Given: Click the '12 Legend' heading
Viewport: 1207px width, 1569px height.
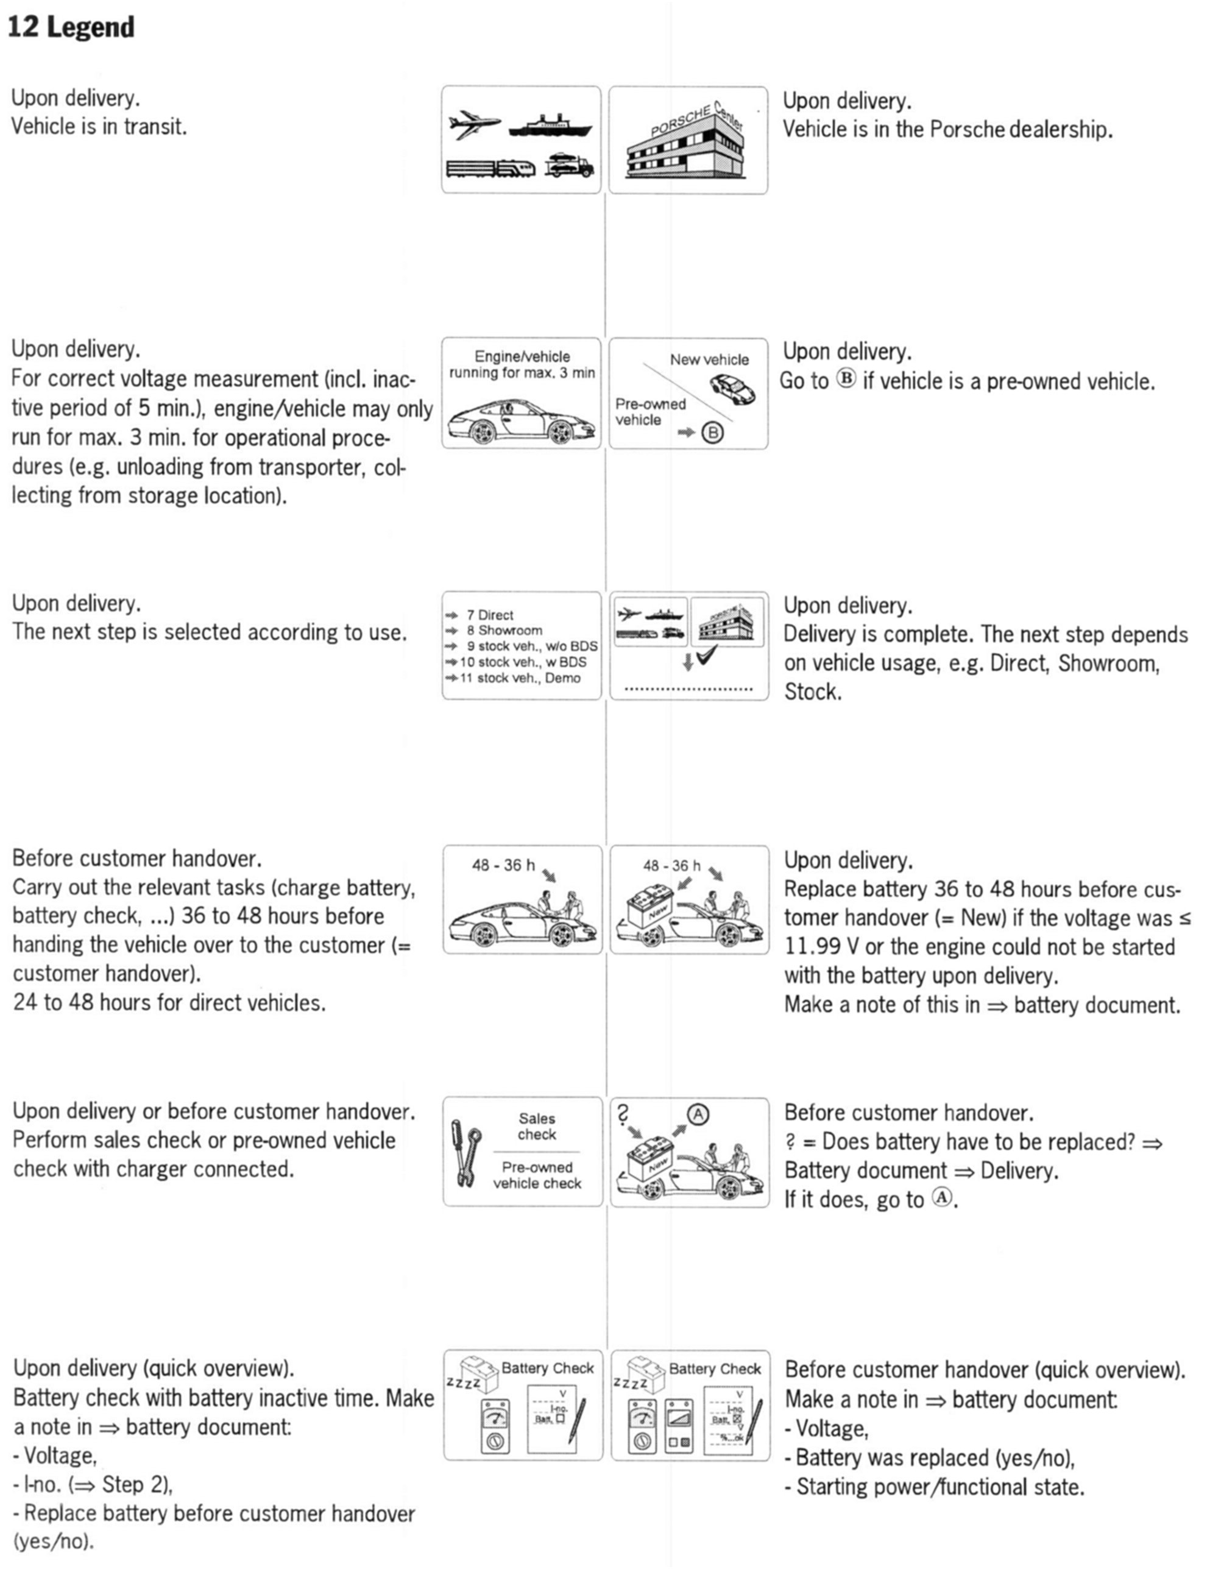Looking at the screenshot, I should (x=71, y=27).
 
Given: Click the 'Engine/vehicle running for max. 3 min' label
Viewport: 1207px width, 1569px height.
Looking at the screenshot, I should (x=522, y=364).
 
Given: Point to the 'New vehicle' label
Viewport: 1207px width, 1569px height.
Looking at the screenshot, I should (x=709, y=359).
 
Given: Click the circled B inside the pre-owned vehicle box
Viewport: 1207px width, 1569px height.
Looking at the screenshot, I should (x=713, y=433).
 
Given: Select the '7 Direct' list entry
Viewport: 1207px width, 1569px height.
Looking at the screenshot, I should (x=489, y=615).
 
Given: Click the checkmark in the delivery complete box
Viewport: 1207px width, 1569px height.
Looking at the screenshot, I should (x=707, y=655).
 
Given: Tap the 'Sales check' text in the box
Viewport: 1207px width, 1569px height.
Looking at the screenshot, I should (x=537, y=1126).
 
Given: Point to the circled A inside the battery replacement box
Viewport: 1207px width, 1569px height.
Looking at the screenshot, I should (x=698, y=1114).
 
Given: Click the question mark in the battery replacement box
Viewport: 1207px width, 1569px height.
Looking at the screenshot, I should (x=623, y=1114).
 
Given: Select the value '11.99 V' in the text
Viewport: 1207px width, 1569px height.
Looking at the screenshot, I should (x=821, y=947).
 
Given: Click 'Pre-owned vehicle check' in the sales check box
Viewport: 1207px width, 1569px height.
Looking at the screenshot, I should (x=537, y=1175).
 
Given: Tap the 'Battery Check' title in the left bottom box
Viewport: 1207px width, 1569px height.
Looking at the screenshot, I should (x=548, y=1368).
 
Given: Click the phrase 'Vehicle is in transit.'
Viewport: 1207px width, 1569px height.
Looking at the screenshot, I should (x=99, y=127).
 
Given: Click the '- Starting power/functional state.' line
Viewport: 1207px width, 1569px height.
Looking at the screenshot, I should (x=934, y=1486).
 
